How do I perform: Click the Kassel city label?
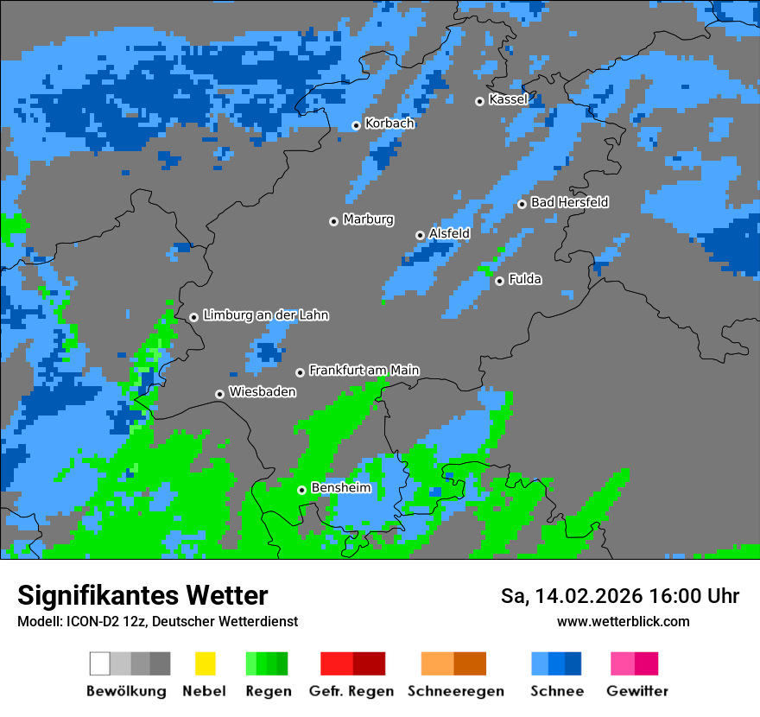point(508,99)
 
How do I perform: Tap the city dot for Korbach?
point(356,125)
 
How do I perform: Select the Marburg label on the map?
point(368,219)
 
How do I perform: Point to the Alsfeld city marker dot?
point(421,235)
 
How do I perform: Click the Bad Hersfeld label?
point(569,202)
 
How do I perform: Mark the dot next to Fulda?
point(499,281)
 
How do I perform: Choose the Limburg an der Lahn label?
point(265,315)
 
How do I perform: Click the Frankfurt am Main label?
point(364,371)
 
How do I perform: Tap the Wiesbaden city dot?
point(220,394)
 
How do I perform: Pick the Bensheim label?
point(340,488)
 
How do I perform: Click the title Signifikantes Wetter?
point(142,596)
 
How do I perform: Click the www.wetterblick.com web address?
point(623,621)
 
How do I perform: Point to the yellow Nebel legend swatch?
point(205,663)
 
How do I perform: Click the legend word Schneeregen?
point(456,691)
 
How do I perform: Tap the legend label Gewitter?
point(637,691)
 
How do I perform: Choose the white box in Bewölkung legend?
point(100,663)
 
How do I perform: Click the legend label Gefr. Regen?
point(351,691)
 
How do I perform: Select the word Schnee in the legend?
point(556,691)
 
